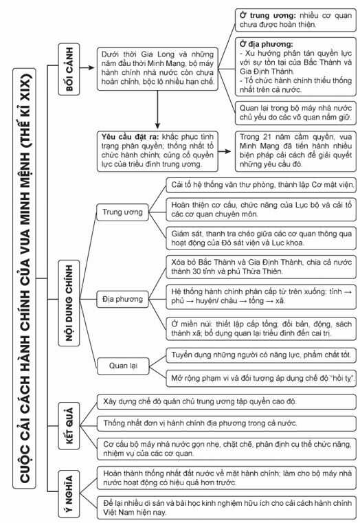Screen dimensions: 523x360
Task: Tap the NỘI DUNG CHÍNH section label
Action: pos(67,286)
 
